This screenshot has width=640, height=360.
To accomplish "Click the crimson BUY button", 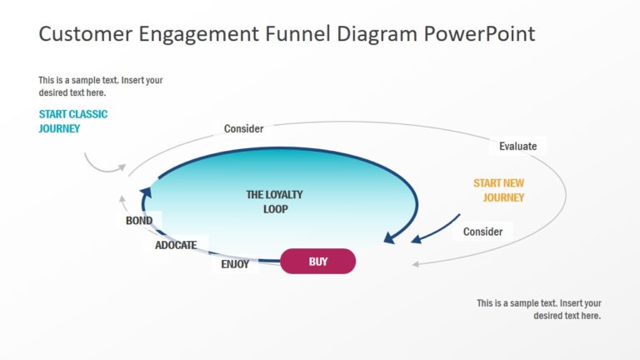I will (317, 262).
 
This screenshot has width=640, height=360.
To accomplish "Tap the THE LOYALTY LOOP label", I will (275, 202).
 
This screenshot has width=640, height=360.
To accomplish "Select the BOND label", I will (139, 221).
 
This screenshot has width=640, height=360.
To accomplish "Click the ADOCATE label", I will (176, 246).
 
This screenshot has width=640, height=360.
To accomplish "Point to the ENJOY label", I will (235, 265).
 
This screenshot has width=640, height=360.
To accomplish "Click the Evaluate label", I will (517, 147).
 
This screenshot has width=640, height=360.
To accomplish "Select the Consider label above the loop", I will (243, 129).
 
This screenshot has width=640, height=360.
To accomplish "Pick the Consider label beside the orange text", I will (482, 232).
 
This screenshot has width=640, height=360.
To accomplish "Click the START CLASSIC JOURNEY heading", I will (73, 122).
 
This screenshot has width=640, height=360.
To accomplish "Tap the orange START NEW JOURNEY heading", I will (499, 191).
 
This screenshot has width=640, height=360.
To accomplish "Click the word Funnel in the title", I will (297, 34).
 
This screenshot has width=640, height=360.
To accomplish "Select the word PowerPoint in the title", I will (479, 34).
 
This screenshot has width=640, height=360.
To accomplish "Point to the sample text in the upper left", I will (101, 87).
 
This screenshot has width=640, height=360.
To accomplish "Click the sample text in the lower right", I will (538, 309).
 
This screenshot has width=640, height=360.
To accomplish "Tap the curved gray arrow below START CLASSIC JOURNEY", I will (97, 163).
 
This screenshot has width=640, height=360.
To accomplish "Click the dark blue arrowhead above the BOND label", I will (146, 193).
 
